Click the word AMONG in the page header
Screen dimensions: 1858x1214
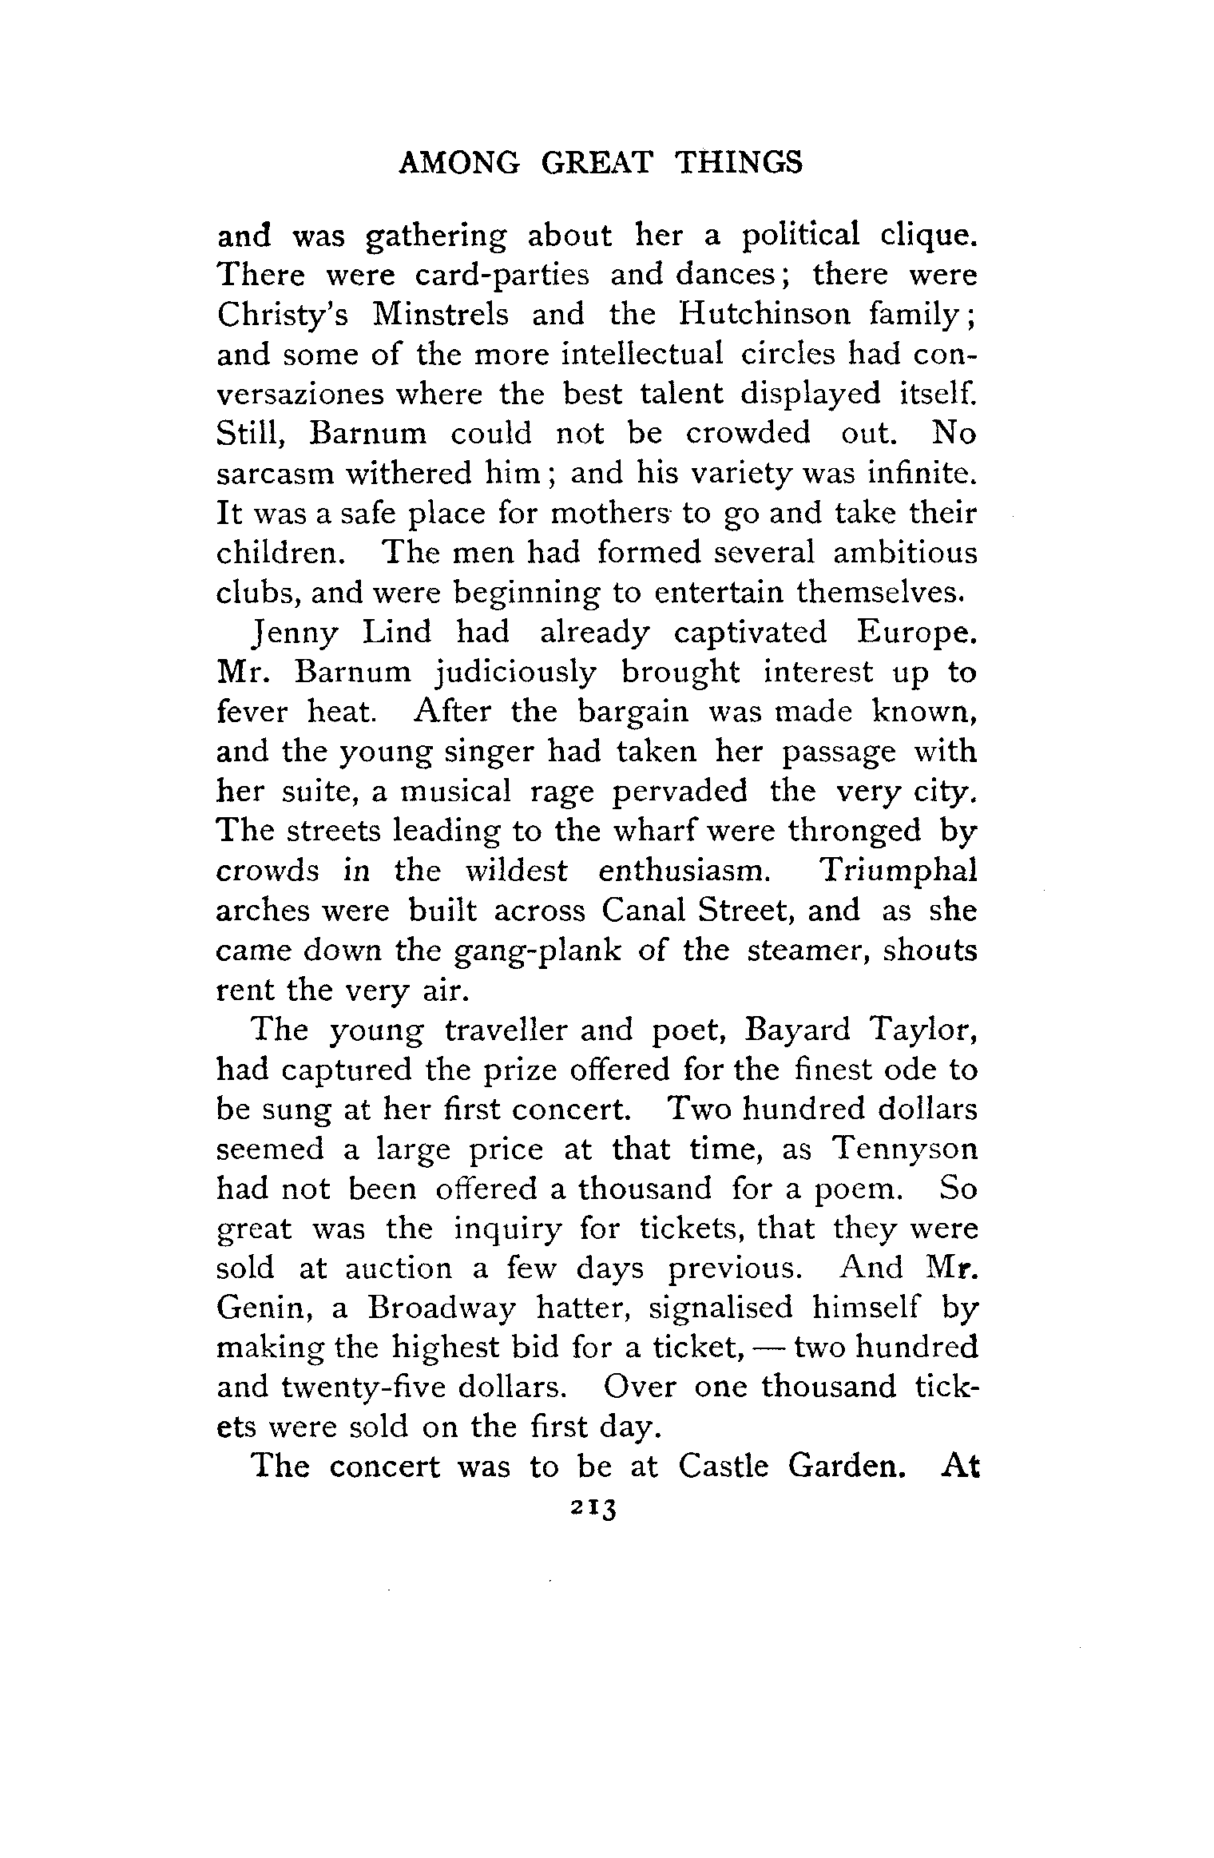click(x=458, y=163)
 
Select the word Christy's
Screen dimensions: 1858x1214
click(x=282, y=314)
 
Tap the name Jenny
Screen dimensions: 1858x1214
click(x=294, y=633)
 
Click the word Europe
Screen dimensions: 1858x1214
click(x=918, y=633)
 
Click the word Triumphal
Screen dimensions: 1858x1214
click(x=899, y=871)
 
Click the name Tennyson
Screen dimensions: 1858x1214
click(x=904, y=1149)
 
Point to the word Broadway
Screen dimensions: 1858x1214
click(x=438, y=1308)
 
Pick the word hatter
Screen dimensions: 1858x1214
click(x=585, y=1308)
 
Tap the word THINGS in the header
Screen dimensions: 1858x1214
click(x=738, y=163)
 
